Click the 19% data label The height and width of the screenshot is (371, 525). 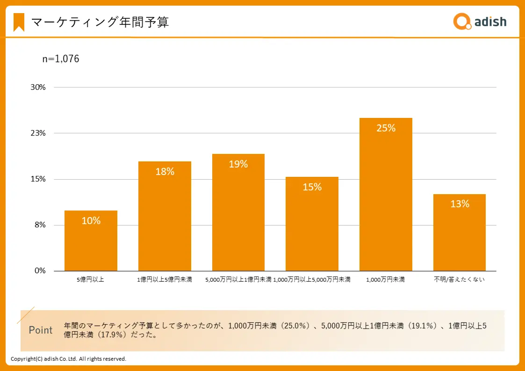[x=238, y=164]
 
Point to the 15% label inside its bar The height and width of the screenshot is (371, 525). [x=312, y=187]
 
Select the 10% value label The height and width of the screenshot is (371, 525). [x=91, y=221]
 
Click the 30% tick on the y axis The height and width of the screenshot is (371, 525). [x=38, y=87]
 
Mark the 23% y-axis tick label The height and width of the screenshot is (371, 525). [x=38, y=133]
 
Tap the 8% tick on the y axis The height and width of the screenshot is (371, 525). [x=40, y=225]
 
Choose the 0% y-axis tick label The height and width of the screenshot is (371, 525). [x=40, y=271]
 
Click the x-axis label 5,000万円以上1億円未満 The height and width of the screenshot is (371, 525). [x=238, y=280]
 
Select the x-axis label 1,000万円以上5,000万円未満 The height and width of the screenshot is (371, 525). [x=312, y=280]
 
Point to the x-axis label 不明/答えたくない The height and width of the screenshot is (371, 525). [x=460, y=280]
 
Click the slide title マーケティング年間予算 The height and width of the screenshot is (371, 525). [x=100, y=22]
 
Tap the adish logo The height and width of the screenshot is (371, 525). [x=480, y=22]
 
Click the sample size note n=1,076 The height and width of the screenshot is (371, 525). [x=61, y=59]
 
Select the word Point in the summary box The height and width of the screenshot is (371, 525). [x=41, y=330]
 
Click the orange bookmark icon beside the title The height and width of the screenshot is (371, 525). [x=19, y=22]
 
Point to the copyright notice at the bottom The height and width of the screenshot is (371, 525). [x=69, y=359]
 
